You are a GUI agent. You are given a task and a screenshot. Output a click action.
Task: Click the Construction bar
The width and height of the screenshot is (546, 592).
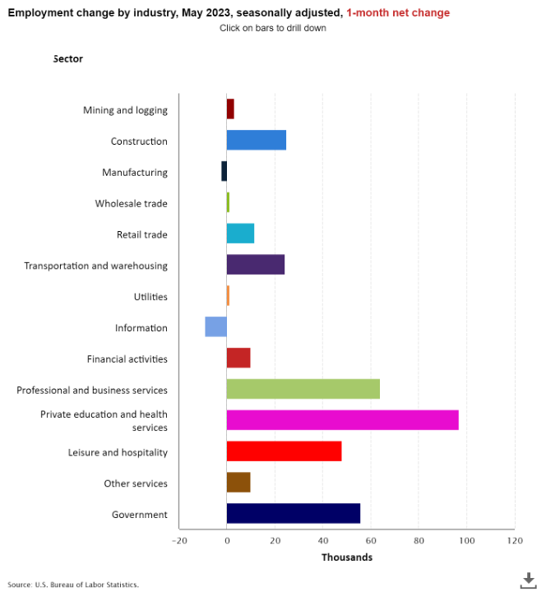pos(256,141)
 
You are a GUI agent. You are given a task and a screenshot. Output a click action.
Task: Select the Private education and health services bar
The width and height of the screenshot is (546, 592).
pos(342,419)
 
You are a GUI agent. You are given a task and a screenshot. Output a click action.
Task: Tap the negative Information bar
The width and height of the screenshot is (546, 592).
pos(215,326)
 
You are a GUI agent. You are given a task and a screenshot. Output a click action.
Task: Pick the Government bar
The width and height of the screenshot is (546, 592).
pos(293,513)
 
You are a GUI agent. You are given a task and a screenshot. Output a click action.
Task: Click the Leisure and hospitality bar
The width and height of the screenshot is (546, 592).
pos(284,451)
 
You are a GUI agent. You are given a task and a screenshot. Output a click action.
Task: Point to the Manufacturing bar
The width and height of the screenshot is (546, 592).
pos(224,172)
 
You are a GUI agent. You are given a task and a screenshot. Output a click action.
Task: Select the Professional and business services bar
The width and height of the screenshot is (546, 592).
pos(303,389)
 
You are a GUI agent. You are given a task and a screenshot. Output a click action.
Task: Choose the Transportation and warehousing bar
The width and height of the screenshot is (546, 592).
pos(255,265)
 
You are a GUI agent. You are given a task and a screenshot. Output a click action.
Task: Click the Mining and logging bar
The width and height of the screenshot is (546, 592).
pos(230,109)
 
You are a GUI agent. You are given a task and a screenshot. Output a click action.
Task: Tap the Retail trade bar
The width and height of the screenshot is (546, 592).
pos(240,234)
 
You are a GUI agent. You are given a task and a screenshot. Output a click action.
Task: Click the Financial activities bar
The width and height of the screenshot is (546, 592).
pos(238,358)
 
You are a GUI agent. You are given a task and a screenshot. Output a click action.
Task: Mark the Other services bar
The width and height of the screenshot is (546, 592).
pos(238,482)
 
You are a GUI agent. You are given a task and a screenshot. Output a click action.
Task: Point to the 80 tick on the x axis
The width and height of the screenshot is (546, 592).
pos(419,540)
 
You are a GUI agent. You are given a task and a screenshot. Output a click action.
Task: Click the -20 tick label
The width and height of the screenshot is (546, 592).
pos(179,540)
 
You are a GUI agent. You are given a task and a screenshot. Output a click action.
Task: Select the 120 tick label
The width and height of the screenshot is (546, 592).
pos(515,540)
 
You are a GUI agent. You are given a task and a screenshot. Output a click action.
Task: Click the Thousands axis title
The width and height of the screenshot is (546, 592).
pos(346,557)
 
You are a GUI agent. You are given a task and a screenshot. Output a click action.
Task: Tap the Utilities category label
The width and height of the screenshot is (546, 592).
pos(150,297)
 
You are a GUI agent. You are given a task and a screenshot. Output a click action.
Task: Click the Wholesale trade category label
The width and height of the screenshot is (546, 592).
pos(131,203)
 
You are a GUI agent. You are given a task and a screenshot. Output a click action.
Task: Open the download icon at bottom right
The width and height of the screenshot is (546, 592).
pos(529,580)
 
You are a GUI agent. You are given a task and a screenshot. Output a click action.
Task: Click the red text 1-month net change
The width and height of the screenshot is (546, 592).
pos(398,13)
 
